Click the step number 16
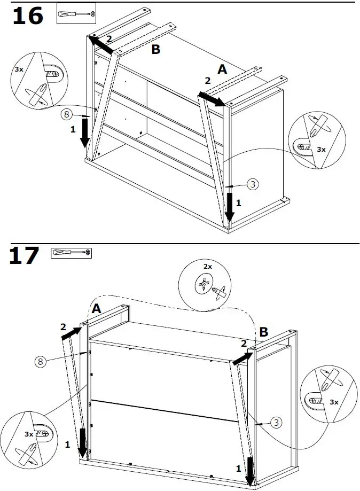(27, 16)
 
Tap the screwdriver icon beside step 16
(76, 14)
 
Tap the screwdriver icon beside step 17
(72, 253)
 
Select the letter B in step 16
(155, 50)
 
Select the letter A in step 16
(222, 69)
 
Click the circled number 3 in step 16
(253, 184)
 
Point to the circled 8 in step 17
(40, 362)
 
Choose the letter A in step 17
(96, 309)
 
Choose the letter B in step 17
(263, 332)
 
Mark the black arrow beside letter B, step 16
(101, 45)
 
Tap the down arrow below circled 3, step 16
(229, 207)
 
